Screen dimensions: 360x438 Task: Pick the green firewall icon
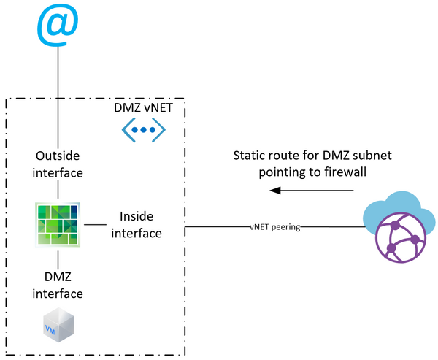click(x=58, y=225)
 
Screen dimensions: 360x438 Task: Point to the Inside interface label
click(x=136, y=225)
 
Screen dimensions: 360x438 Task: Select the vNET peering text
click(x=274, y=227)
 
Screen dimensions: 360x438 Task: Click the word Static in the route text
click(x=248, y=156)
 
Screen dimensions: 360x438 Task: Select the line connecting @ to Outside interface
click(x=58, y=95)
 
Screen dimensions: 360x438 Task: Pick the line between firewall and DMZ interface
click(x=58, y=259)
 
